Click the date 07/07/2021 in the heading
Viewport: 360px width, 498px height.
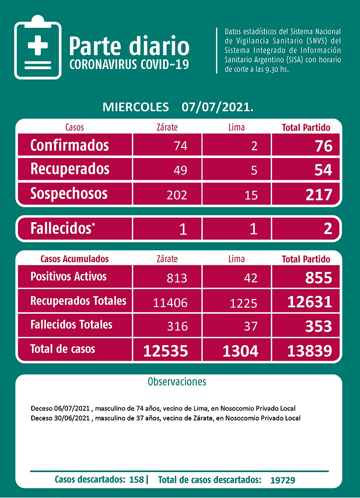click(217, 107)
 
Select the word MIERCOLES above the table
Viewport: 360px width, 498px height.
click(136, 107)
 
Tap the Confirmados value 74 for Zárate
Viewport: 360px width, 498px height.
click(180, 146)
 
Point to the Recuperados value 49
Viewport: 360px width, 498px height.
click(180, 170)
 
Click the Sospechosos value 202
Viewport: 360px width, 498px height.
click(177, 195)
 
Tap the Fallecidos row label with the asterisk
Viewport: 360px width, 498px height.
click(63, 229)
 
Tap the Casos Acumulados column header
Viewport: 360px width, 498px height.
click(74, 259)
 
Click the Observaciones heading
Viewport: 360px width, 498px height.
click(177, 381)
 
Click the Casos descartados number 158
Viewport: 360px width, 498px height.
click(136, 479)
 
